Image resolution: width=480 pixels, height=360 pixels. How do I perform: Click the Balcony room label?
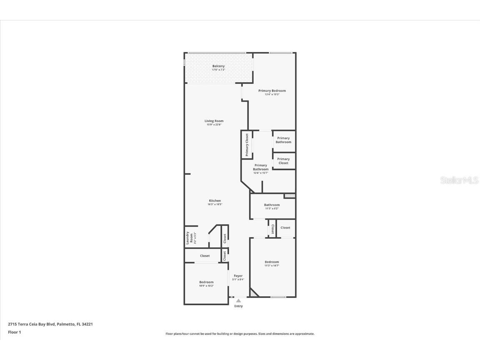click(218, 66)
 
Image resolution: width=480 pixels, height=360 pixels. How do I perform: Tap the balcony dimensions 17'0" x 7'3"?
click(218, 70)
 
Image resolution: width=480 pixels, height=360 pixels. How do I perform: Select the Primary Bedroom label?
click(272, 91)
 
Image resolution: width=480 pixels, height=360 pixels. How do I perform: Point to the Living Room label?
click(214, 121)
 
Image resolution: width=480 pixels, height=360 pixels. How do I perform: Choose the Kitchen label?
click(215, 201)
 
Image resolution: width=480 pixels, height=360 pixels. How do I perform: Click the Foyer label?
click(238, 276)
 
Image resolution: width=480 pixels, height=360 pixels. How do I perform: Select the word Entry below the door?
click(238, 306)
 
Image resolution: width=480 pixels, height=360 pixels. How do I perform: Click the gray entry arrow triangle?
click(238, 300)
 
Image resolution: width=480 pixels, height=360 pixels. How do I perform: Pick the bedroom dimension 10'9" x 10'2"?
click(206, 286)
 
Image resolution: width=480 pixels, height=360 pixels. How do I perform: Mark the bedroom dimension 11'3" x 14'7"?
click(272, 266)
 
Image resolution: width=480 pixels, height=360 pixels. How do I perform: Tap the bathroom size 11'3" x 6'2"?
click(272, 209)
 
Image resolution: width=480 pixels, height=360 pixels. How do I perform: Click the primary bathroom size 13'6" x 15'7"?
click(261, 173)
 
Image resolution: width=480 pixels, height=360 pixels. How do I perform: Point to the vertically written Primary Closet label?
click(247, 145)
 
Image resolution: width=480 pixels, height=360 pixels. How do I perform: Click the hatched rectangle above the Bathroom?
click(290, 195)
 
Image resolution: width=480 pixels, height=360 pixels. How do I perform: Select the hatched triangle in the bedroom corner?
click(253, 293)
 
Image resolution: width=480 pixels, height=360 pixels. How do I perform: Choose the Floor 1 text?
click(15, 332)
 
